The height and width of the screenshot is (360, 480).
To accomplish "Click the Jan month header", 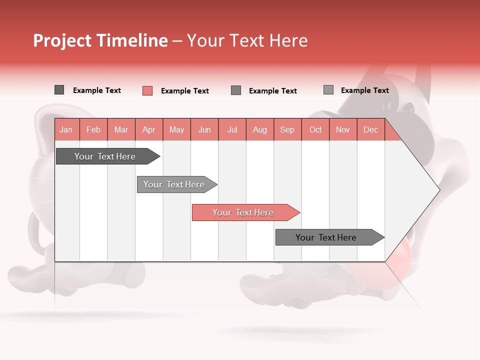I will pyautogui.click(x=66, y=129).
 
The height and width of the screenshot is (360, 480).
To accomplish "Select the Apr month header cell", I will pyautogui.click(x=148, y=129).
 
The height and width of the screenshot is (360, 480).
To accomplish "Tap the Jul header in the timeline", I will pyautogui.click(x=232, y=129).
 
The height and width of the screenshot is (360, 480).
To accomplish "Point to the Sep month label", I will pyautogui.click(x=287, y=129).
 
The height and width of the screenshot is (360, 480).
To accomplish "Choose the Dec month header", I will pyautogui.click(x=370, y=129).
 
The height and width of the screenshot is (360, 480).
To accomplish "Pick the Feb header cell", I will pyautogui.click(x=93, y=129).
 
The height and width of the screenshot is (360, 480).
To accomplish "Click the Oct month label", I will pyautogui.click(x=315, y=129).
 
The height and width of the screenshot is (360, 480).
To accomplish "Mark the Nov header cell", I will pyautogui.click(x=343, y=129).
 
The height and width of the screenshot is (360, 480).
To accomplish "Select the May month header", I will pyautogui.click(x=176, y=129).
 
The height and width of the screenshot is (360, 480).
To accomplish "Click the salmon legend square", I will pyautogui.click(x=147, y=90).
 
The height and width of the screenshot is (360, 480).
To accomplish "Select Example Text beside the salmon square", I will pyautogui.click(x=184, y=91).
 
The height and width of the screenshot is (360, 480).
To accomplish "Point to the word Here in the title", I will pyautogui.click(x=288, y=40).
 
